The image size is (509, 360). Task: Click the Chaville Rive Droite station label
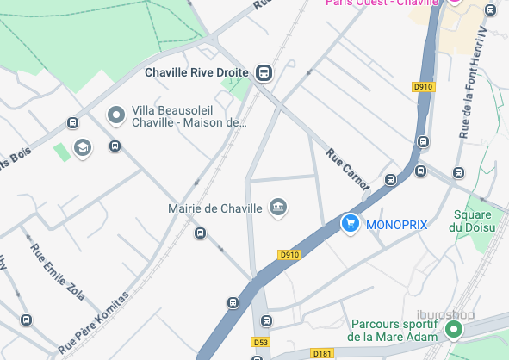click(x=196, y=72)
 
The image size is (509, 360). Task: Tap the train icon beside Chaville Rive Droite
click(x=264, y=72)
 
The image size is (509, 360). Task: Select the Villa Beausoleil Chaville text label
click(x=189, y=116)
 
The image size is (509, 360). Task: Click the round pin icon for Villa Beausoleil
click(x=115, y=115)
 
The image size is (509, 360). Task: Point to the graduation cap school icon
click(x=82, y=147)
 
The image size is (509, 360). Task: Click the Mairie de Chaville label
click(x=216, y=208)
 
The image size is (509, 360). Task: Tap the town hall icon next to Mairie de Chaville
click(x=277, y=207)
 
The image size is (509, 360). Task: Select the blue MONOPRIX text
click(x=396, y=225)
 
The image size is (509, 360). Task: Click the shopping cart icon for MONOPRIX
click(x=350, y=224)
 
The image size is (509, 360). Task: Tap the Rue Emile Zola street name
click(x=58, y=272)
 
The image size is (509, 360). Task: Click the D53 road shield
click(x=261, y=343)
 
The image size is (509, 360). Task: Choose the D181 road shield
click(x=323, y=352)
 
